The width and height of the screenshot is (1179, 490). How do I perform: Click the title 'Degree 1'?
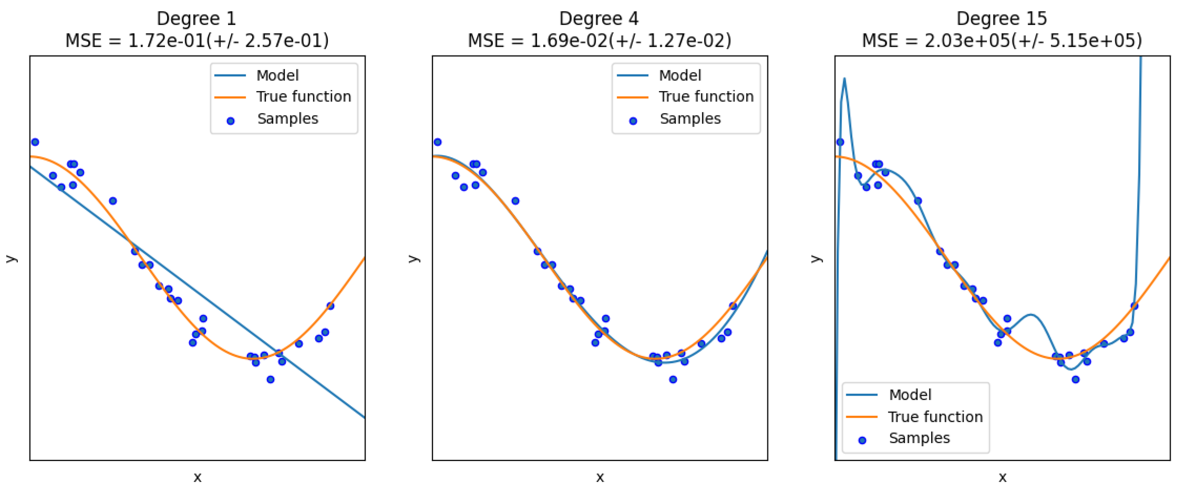196,19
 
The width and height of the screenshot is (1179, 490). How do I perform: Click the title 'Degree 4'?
599,19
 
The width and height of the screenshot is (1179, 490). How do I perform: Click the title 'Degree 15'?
1001,19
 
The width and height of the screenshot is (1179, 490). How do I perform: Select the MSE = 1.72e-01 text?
196,41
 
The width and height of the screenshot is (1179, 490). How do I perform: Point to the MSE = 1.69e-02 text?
599,41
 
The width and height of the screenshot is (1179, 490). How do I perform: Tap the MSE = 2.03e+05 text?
1001,41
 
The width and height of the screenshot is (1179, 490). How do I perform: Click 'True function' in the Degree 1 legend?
303,97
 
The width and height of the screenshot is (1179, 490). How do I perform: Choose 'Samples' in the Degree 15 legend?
919,438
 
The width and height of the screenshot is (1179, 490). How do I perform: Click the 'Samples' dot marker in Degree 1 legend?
231,121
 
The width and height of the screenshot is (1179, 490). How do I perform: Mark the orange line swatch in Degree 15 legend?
861,417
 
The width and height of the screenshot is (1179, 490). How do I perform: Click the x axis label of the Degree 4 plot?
600,477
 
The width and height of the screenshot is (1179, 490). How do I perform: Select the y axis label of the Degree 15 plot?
816,259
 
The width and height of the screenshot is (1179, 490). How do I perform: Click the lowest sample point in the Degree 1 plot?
270,379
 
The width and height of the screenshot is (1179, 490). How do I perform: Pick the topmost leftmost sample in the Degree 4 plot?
437,142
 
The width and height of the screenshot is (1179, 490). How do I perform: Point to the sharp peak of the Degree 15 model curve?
844,79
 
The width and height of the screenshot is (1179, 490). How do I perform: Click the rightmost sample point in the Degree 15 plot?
1134,306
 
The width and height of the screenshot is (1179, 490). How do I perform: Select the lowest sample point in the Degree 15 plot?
1076,379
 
